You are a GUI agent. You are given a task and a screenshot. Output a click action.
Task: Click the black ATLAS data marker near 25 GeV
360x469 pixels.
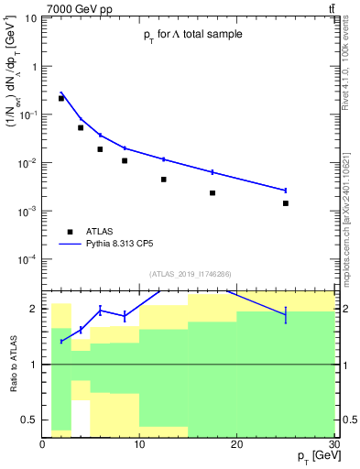coord(286,203)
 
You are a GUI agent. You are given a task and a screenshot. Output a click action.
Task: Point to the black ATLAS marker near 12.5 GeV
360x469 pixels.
coord(164,180)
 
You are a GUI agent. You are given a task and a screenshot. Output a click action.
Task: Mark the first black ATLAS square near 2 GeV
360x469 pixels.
coord(61,98)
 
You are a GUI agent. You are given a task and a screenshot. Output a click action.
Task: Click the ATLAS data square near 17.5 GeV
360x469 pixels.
coord(213,193)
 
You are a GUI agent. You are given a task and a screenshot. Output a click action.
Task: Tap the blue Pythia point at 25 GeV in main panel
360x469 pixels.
coord(286,191)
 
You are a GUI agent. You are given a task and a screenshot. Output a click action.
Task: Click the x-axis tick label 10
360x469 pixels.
coord(139,444)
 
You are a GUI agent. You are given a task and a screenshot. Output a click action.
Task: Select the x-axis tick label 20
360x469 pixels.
coord(236,444)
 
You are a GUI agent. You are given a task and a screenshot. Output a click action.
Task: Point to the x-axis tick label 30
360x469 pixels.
coord(333,444)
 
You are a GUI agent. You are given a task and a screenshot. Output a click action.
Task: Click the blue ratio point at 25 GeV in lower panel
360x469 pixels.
coord(286,315)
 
